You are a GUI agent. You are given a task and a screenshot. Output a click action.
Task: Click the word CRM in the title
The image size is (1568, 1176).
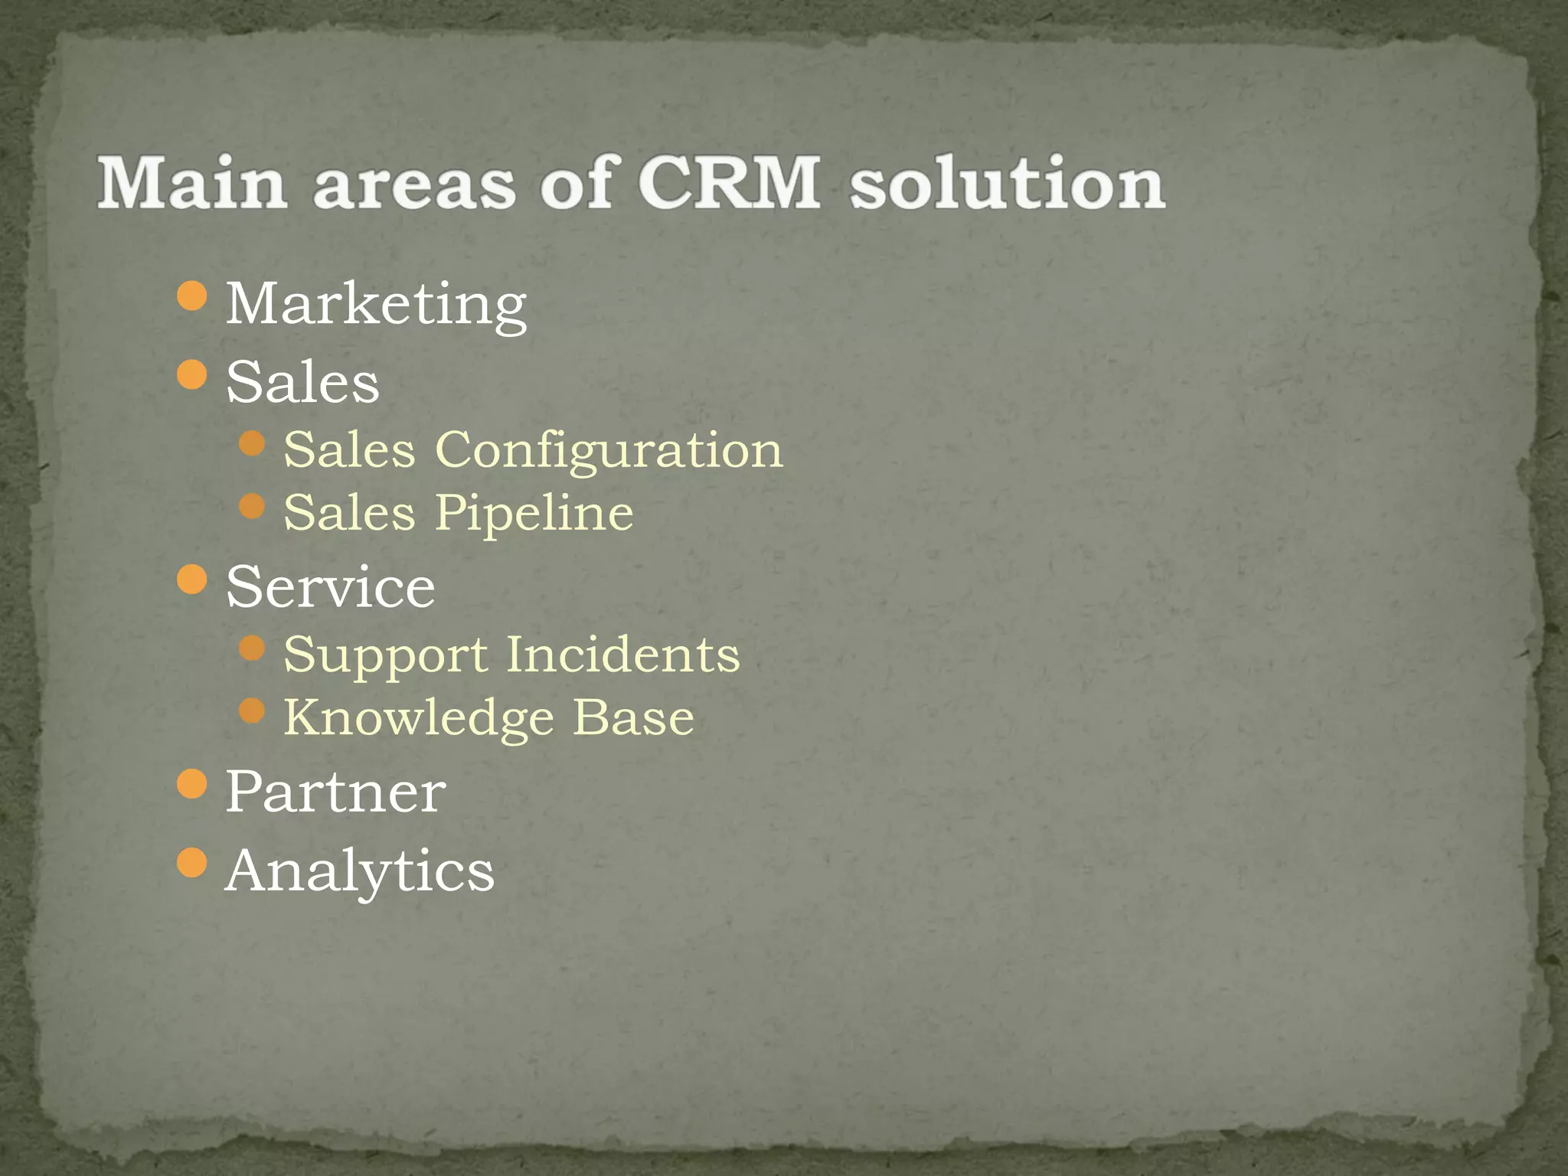tap(729, 184)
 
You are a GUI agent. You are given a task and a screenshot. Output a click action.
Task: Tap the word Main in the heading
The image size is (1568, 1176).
tap(192, 184)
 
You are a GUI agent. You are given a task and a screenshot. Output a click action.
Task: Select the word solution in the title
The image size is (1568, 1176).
tap(1008, 184)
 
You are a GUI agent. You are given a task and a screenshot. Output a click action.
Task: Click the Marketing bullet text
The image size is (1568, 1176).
tap(376, 304)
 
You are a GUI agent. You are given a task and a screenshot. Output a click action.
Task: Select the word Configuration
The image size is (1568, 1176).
tap(609, 449)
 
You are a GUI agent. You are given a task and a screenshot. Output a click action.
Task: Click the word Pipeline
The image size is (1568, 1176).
tap(534, 512)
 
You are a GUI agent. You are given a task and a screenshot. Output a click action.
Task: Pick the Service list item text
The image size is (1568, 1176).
tap(331, 587)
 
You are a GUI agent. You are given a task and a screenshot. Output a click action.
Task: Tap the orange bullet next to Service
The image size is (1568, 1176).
tap(191, 580)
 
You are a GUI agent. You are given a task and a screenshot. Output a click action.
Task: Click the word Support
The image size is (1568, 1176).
tap(385, 655)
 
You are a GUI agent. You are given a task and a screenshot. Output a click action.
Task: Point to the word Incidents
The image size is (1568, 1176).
tap(623, 655)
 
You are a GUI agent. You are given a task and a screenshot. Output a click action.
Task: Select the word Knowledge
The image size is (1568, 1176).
tap(419, 718)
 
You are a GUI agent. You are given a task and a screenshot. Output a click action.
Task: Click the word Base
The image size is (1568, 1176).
tap(634, 717)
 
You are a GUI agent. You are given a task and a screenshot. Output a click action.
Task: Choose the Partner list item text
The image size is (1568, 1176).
tap(335, 792)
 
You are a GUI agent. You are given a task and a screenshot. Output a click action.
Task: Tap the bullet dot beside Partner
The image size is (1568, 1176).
tap(191, 784)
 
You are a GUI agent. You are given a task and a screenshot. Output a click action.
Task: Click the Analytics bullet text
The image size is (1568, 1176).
tap(360, 871)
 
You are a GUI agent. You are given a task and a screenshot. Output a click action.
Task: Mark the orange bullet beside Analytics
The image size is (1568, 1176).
tap(191, 863)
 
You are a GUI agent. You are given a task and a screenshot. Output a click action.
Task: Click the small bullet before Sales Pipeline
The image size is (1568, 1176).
tap(252, 506)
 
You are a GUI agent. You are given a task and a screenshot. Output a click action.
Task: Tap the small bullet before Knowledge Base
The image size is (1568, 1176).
tap(252, 711)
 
